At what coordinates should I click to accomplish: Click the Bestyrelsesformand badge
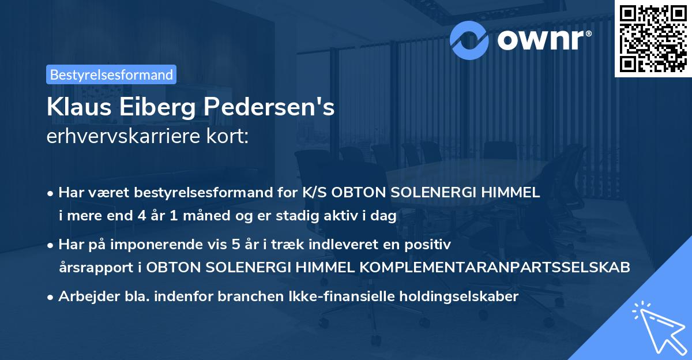tap(111, 74)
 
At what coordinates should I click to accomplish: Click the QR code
tap(653, 39)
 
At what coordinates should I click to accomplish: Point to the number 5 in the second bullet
tap(235, 244)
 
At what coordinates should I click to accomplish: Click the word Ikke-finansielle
tap(334, 297)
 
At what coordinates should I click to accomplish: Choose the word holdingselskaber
tap(453, 297)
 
